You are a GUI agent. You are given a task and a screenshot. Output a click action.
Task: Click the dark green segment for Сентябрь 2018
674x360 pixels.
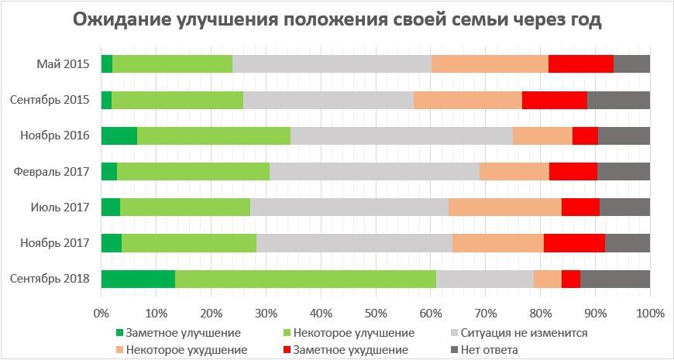[x=138, y=279]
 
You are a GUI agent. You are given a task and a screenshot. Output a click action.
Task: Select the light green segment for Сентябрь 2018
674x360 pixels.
[x=305, y=279]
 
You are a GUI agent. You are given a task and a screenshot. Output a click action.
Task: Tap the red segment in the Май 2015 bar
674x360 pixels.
[x=580, y=64]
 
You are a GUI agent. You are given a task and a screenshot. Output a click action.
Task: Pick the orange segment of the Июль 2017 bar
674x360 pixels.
[x=504, y=207]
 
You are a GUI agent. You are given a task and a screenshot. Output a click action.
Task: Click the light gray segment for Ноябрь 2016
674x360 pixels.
[x=401, y=135]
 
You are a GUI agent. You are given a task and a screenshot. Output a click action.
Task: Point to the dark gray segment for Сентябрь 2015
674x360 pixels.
[x=618, y=100]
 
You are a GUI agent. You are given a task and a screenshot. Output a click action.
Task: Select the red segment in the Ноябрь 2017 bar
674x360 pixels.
[x=574, y=243]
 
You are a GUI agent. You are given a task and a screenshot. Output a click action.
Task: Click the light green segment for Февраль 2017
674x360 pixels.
[x=193, y=172]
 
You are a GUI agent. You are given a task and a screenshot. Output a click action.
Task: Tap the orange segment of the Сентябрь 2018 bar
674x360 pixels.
[x=547, y=279]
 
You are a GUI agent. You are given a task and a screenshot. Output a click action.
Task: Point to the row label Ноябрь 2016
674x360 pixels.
[x=55, y=136]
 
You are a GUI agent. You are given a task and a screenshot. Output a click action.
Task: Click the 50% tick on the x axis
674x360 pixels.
[x=375, y=314]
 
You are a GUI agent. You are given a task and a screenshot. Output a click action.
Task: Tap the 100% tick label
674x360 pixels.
[x=649, y=314]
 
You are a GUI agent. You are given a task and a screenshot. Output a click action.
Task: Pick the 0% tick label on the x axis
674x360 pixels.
[x=101, y=314]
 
